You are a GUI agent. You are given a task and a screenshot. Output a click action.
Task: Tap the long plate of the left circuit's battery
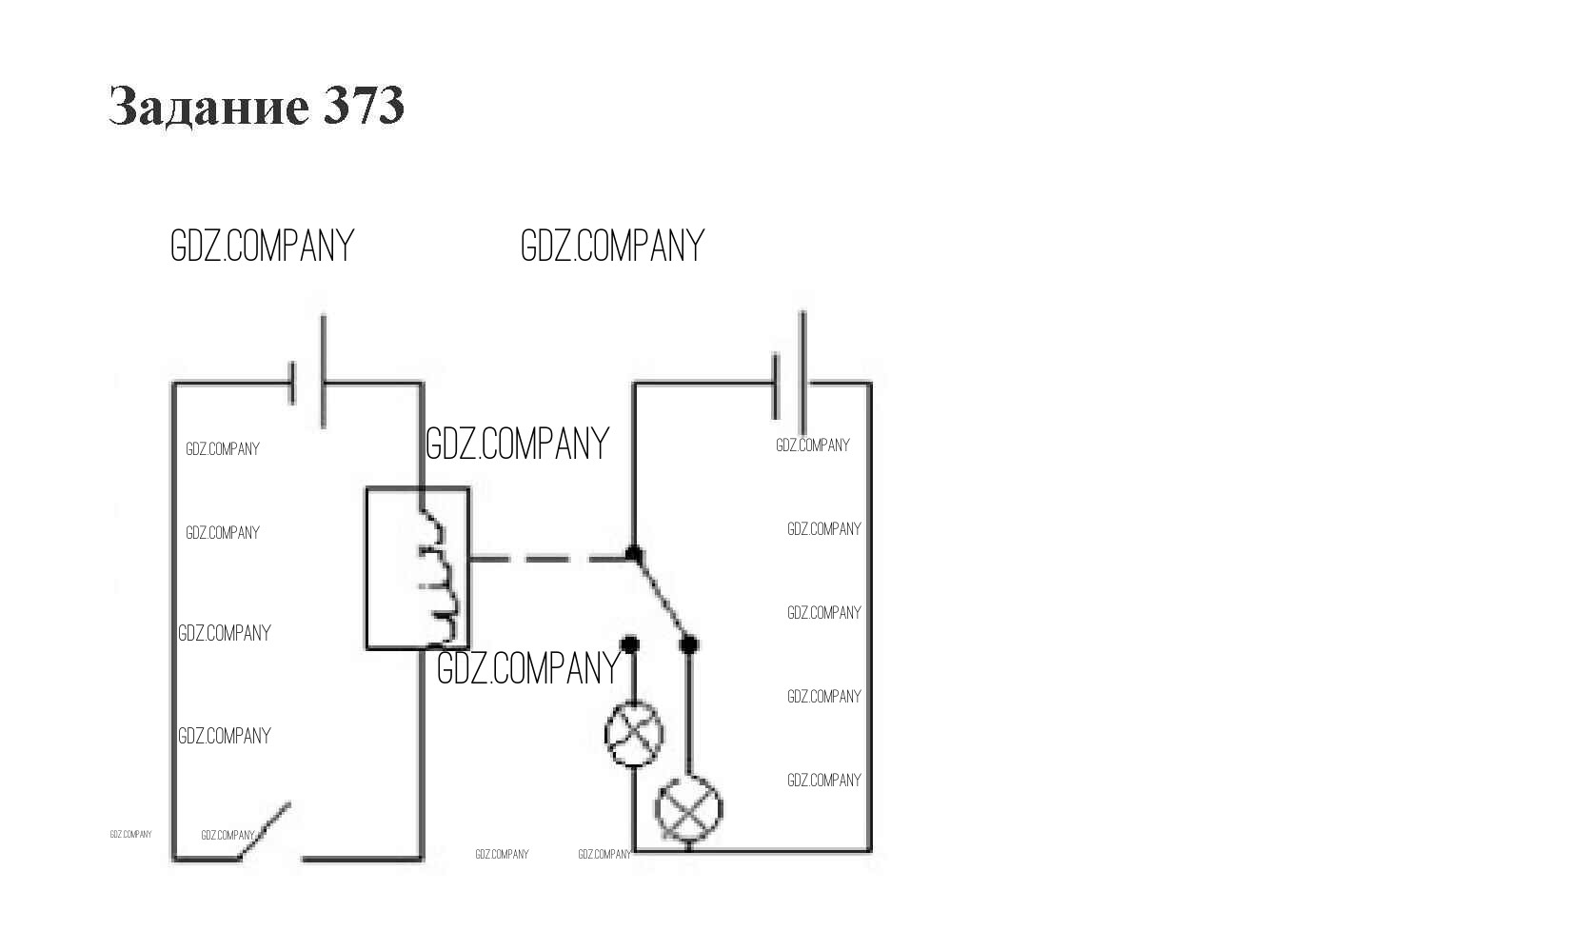(x=323, y=371)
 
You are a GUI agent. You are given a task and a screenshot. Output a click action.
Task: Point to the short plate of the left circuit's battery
(x=293, y=383)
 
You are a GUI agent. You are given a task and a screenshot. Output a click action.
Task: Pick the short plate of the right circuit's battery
(x=776, y=386)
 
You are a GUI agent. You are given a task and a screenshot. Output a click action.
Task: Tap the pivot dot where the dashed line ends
(x=633, y=553)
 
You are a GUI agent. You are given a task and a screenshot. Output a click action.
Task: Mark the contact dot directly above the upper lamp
(x=629, y=644)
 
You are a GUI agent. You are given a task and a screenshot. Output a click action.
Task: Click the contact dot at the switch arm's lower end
(x=689, y=644)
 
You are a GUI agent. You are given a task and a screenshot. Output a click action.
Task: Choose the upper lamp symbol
(x=634, y=734)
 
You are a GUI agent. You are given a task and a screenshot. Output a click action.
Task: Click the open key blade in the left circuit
(x=267, y=831)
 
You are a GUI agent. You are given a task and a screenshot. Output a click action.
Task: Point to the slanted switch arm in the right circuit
(x=661, y=598)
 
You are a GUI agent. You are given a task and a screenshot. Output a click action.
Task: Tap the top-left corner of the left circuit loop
(x=173, y=384)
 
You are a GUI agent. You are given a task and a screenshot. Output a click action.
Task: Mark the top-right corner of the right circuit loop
(x=870, y=384)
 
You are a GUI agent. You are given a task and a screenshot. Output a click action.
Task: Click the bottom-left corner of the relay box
(x=367, y=648)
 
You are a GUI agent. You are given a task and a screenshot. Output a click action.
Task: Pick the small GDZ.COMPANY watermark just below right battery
(x=812, y=445)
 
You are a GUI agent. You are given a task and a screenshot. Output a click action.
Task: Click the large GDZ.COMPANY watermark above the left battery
(x=262, y=246)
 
